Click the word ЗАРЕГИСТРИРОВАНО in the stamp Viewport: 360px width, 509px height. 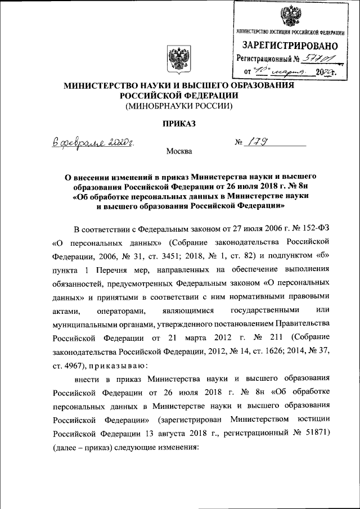tap(290, 45)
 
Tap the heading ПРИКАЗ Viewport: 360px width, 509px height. tap(179, 123)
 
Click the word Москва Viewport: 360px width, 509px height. tap(179, 151)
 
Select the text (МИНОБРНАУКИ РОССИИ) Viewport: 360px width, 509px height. tap(179, 105)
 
